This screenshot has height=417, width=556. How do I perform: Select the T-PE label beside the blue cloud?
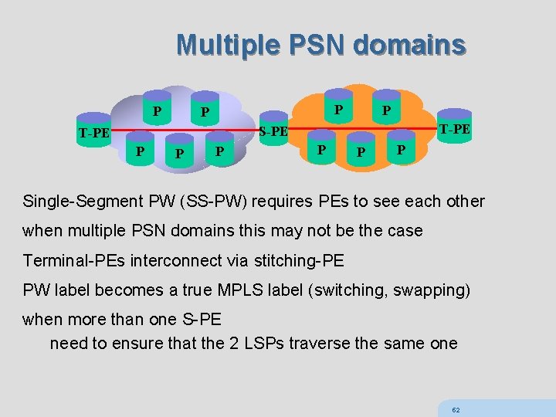coord(94,133)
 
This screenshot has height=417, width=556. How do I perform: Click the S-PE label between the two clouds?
coord(273,131)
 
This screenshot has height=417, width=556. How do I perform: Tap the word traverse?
coord(319,343)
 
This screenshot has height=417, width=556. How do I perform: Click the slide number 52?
coord(456,410)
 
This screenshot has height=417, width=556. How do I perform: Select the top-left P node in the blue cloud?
coord(157,110)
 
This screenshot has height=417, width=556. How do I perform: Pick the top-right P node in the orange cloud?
coord(386,110)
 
